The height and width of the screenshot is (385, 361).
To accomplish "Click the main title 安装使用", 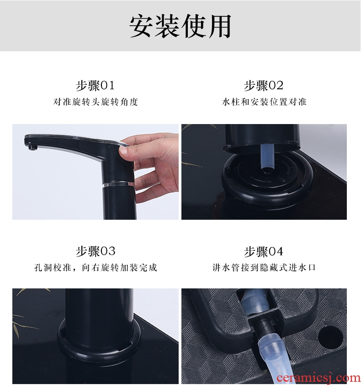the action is click(180, 26).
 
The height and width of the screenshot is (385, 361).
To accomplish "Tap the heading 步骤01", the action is click(95, 86).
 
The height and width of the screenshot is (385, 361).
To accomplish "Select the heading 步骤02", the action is click(264, 86).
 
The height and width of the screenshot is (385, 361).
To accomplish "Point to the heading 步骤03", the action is click(96, 251).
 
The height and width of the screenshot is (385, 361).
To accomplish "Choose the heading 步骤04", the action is click(264, 251).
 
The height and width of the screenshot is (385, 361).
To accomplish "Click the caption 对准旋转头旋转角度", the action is click(96, 102).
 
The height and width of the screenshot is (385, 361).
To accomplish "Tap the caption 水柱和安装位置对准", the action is click(264, 102).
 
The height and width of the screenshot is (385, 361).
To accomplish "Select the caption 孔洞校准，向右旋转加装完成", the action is click(96, 267).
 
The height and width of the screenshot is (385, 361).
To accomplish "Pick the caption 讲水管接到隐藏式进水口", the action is click(264, 267).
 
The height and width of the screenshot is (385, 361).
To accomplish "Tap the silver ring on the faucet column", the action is click(118, 184).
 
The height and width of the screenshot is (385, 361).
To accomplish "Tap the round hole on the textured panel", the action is click(330, 336).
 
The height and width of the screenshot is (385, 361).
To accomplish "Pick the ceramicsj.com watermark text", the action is click(318, 379).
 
